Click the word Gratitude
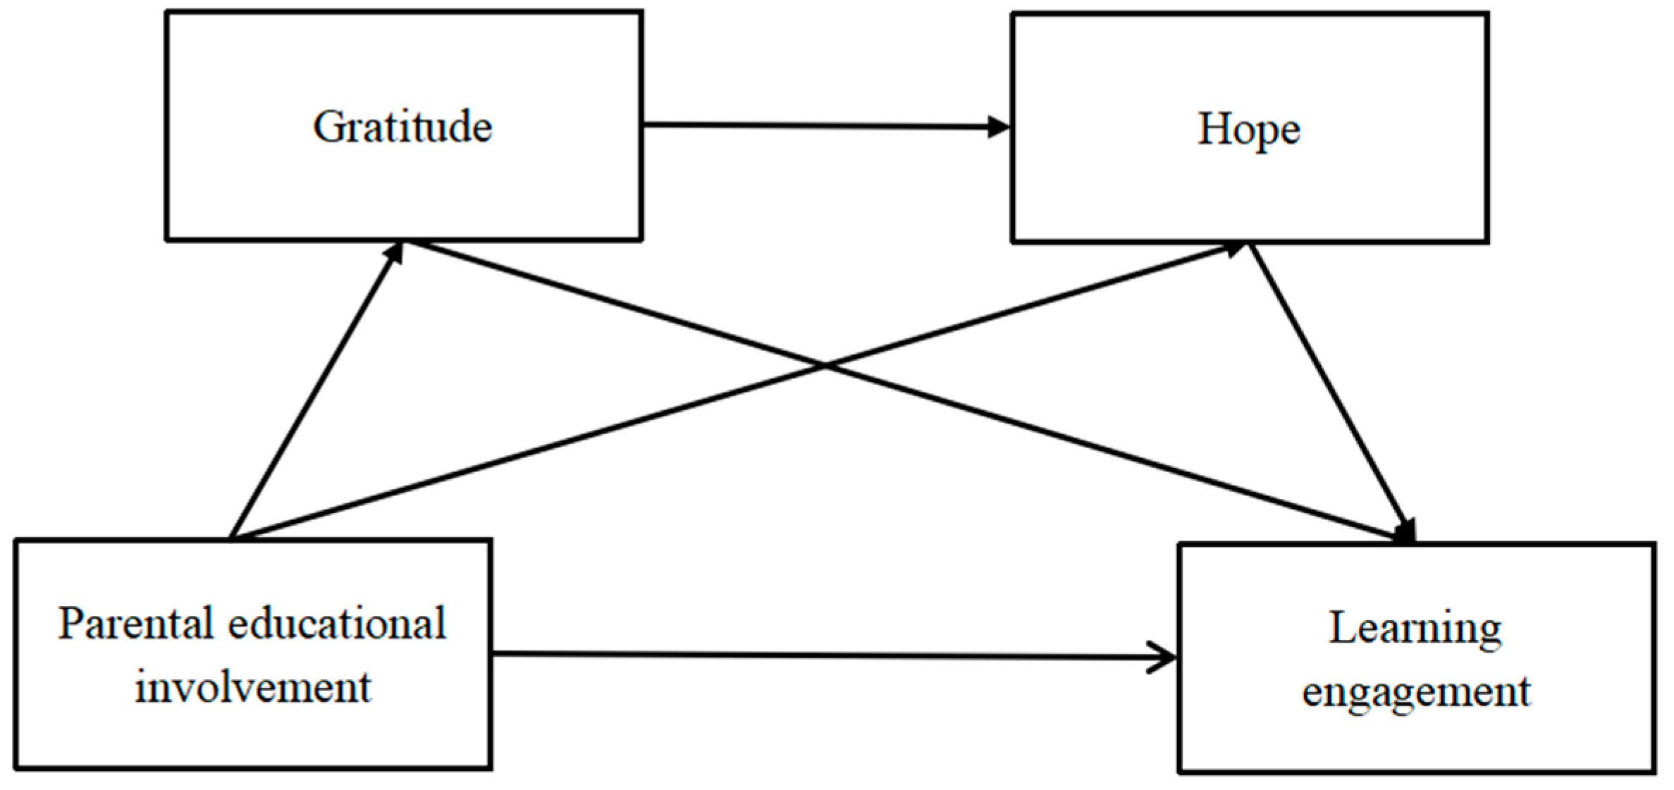[x=402, y=128]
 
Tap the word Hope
[x=1248, y=130]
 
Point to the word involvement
[x=252, y=686]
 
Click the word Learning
[x=1415, y=629]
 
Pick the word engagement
[x=1416, y=691]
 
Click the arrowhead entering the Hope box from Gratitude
[x=997, y=128]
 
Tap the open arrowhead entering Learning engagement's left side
[x=1163, y=658]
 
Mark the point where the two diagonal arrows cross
[x=825, y=366]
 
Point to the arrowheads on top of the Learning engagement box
[x=1406, y=532]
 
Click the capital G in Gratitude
[x=328, y=128]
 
